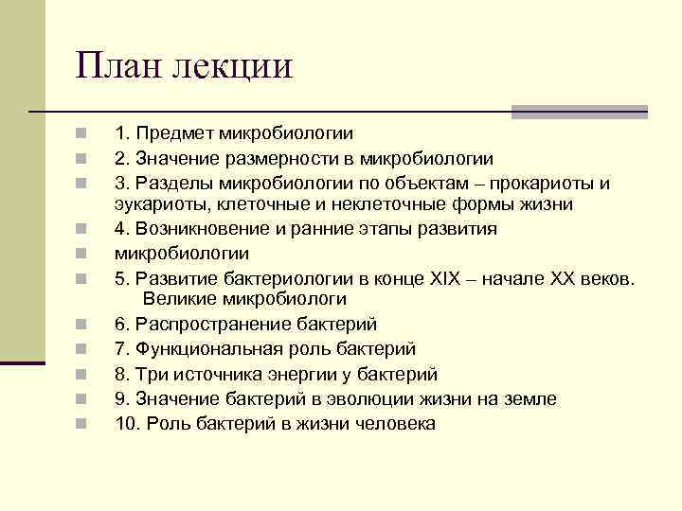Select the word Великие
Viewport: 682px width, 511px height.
pyautogui.click(x=181, y=300)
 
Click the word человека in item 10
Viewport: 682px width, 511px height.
pyautogui.click(x=396, y=423)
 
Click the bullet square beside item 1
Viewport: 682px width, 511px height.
pyautogui.click(x=83, y=135)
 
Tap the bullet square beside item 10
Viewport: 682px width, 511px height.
pyautogui.click(x=83, y=423)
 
